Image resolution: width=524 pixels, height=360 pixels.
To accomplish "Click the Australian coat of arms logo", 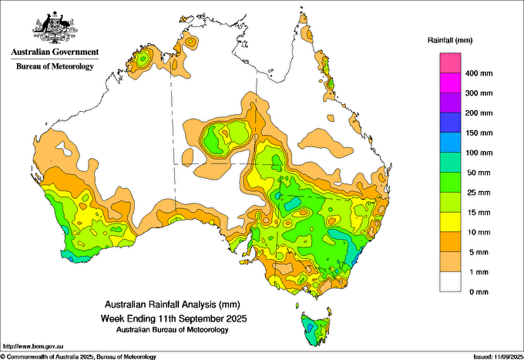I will [54, 28].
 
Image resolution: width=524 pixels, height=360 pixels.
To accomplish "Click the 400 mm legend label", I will [478, 73].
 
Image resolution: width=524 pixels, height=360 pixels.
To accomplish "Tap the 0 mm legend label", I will [475, 291].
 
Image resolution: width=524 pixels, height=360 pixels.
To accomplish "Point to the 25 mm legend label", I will [476, 191].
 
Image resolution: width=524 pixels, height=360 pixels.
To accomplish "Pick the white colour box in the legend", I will [450, 282].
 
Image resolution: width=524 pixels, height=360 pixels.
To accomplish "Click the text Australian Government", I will [55, 53].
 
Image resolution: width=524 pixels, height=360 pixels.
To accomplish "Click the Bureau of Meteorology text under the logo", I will [55, 66].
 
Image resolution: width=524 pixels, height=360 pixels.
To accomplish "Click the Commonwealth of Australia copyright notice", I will [79, 356].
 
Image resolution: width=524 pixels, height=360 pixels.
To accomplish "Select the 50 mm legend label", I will [476, 172].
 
